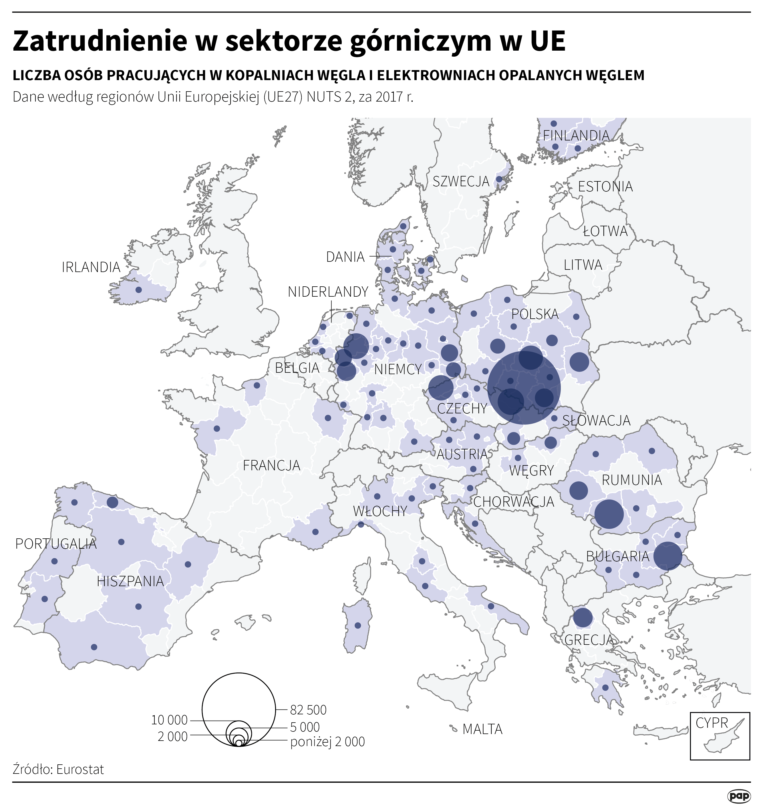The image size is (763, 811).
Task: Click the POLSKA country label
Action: tap(535, 314)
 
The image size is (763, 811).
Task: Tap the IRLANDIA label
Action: tap(91, 267)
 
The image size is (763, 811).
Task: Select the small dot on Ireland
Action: tap(138, 289)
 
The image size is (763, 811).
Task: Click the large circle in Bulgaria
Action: tap(667, 556)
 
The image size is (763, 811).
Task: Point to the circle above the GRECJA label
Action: tap(583, 617)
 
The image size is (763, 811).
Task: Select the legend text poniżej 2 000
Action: tap(327, 742)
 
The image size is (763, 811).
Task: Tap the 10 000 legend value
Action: tap(169, 720)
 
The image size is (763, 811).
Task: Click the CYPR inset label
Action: tap(712, 723)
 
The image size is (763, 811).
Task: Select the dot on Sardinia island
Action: tap(358, 625)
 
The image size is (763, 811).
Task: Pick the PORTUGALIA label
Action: tap(56, 544)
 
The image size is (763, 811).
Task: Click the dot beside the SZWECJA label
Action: tap(499, 179)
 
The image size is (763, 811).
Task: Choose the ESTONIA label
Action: tap(605, 187)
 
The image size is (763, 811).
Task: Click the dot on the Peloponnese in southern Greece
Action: tap(605, 688)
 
